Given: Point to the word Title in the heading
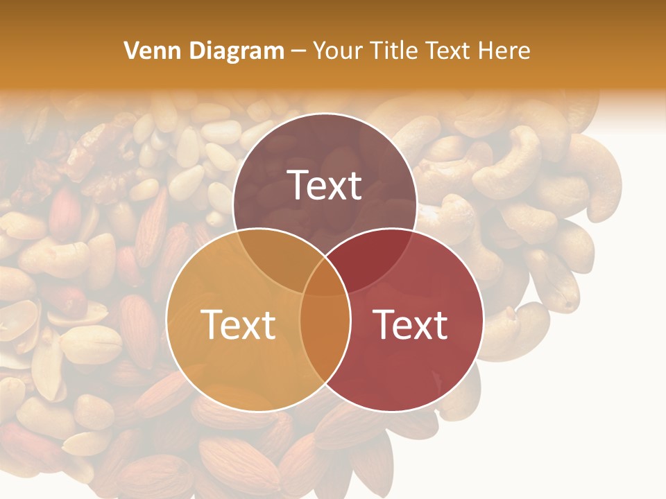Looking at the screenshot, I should [x=395, y=51].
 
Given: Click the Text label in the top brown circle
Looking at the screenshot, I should [x=325, y=185].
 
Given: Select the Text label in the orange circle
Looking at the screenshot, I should [x=238, y=324].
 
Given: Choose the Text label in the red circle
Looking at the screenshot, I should [x=411, y=324].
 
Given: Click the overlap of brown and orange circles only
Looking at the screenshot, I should [x=274, y=256].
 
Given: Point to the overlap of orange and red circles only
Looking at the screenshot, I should [x=325, y=347].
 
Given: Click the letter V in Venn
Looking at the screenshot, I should [x=131, y=51].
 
